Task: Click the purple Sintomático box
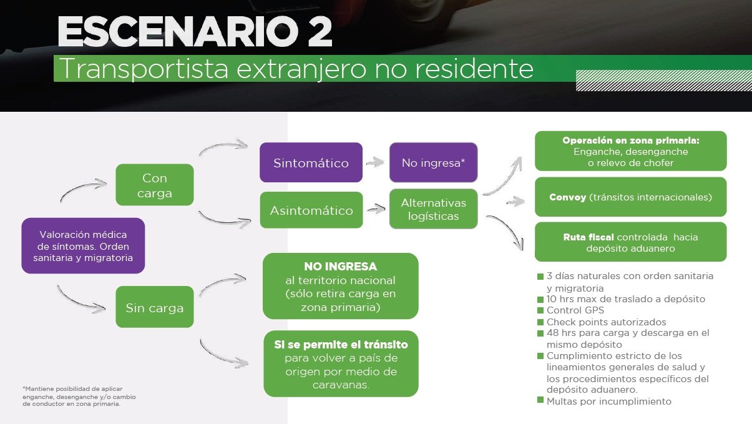pyautogui.click(x=311, y=162)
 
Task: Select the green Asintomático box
pyautogui.click(x=311, y=210)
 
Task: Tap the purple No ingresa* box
pyautogui.click(x=433, y=162)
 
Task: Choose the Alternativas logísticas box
pyautogui.click(x=433, y=209)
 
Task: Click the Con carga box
pyautogui.click(x=155, y=185)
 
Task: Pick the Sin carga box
pyautogui.click(x=155, y=307)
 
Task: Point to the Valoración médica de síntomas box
pyautogui.click(x=83, y=245)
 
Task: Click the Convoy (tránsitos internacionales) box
pyautogui.click(x=630, y=197)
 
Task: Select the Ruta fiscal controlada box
pyautogui.click(x=630, y=242)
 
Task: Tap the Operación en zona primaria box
pyautogui.click(x=630, y=151)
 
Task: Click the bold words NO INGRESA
pyautogui.click(x=340, y=267)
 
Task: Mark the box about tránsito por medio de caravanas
pyautogui.click(x=341, y=364)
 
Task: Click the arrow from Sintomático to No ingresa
pyautogui.click(x=375, y=163)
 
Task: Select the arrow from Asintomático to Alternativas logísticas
pyautogui.click(x=376, y=209)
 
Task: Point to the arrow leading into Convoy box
pyautogui.click(x=515, y=202)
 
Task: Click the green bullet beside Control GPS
pyautogui.click(x=540, y=310)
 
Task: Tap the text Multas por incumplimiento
pyautogui.click(x=609, y=402)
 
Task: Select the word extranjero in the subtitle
pyautogui.click(x=301, y=69)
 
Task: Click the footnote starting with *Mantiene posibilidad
pyautogui.click(x=79, y=397)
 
